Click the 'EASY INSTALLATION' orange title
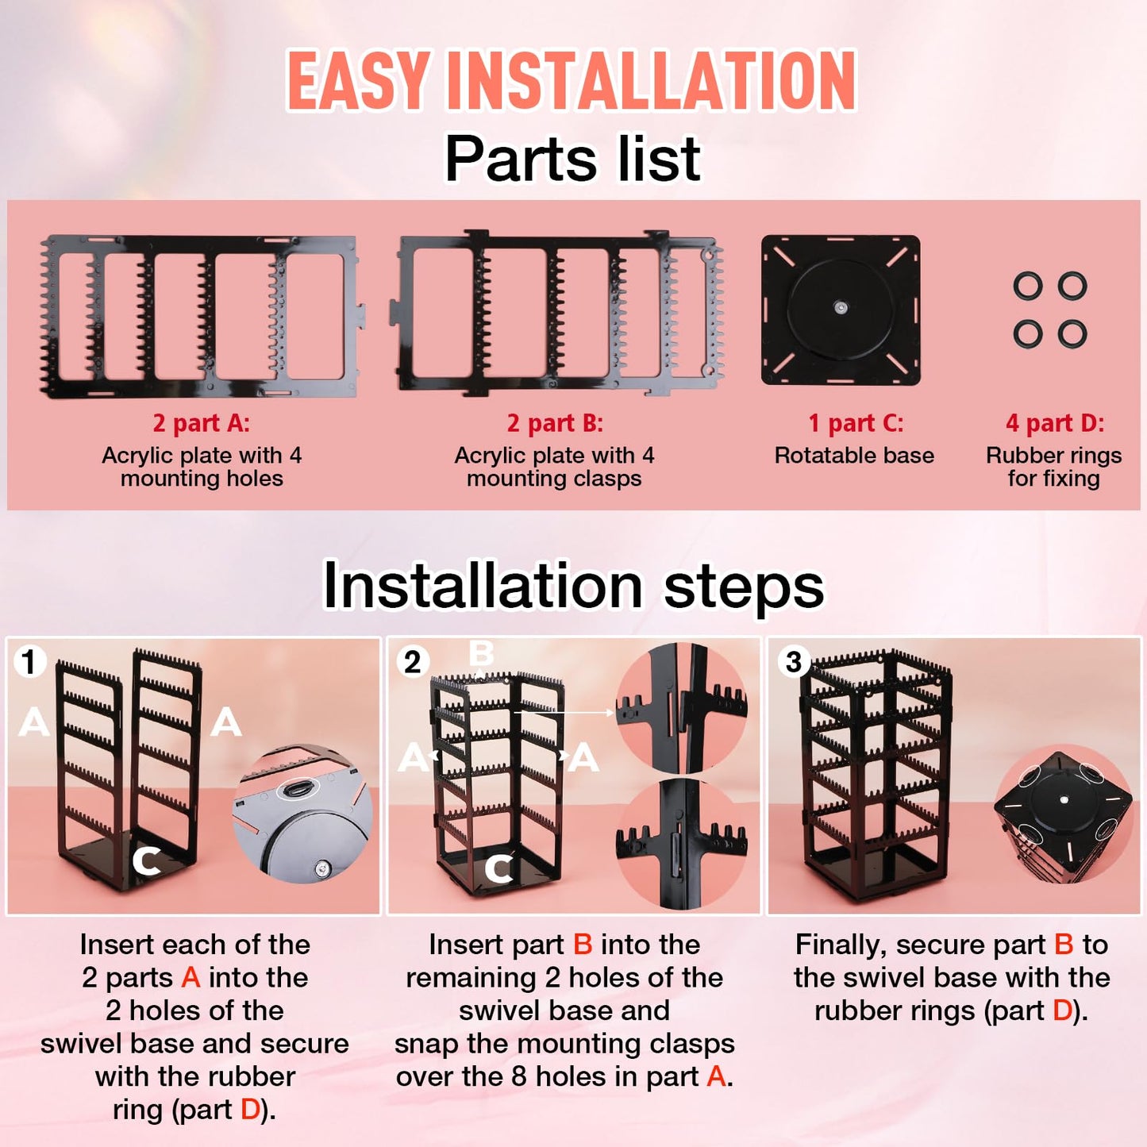572,81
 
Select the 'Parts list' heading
572,159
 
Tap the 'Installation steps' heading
573,586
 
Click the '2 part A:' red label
202,423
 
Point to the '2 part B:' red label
555,423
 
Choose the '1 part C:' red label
855,423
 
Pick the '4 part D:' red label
1054,423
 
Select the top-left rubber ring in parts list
1028,286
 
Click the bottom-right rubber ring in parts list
1072,334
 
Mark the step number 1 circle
29,661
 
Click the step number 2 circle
412,661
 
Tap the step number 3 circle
794,661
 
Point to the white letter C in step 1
147,860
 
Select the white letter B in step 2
481,654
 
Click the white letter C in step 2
498,869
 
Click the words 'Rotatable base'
854,456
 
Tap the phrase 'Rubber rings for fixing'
1053,467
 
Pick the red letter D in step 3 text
1062,1010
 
